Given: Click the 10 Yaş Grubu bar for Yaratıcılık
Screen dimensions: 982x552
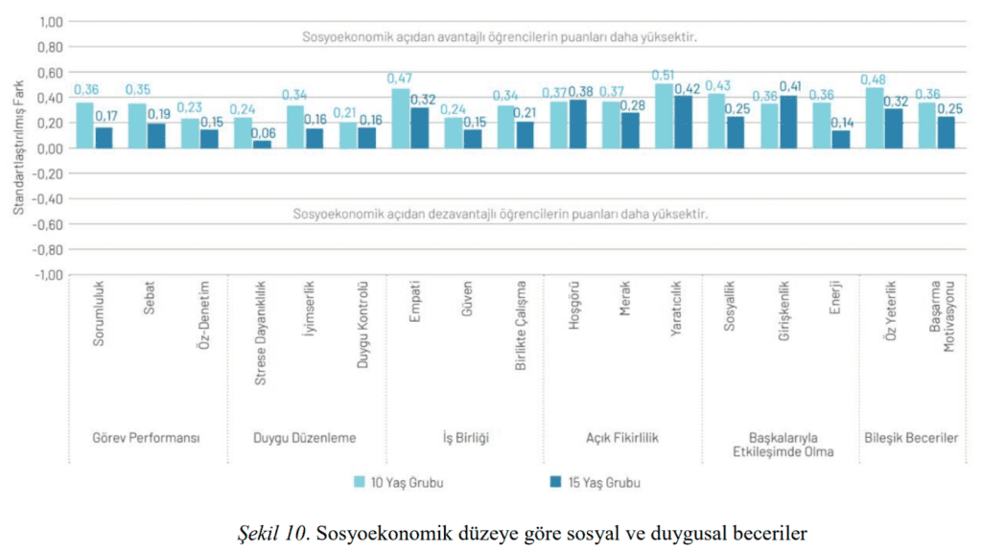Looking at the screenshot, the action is tap(664, 116).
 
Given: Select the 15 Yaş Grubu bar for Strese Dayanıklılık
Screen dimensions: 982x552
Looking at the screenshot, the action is tap(263, 145).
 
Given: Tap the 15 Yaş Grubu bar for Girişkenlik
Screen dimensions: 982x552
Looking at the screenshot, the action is tap(788, 122).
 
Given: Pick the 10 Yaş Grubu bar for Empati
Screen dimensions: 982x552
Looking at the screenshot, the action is tap(401, 118).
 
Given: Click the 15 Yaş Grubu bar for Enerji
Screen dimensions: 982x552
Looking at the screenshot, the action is tap(841, 140).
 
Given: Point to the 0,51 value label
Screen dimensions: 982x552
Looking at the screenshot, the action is tap(663, 75).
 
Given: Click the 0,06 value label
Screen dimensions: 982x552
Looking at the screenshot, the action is tap(263, 133).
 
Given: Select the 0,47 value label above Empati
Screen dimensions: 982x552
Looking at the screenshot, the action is tap(400, 79).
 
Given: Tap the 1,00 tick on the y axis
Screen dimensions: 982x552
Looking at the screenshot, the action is tap(52, 22).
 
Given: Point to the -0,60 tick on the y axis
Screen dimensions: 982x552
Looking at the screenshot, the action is tap(48, 224).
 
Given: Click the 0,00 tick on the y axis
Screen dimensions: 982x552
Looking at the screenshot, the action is tap(52, 149).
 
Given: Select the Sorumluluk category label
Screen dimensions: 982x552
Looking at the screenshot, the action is tap(99, 313).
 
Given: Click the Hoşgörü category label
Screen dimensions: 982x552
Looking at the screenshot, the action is tap(573, 305).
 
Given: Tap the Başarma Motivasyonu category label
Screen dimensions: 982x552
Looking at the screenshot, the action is tap(943, 316).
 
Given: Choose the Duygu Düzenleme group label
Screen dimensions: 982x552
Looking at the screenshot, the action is tap(304, 438).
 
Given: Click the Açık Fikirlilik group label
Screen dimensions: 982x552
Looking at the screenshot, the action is tap(621, 438).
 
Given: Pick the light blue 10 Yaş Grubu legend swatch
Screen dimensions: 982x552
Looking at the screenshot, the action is tap(359, 482).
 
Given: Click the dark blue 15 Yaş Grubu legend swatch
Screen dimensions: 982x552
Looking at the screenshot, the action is tap(555, 482).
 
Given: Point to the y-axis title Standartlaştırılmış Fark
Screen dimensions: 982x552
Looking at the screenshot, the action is tap(19, 148).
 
